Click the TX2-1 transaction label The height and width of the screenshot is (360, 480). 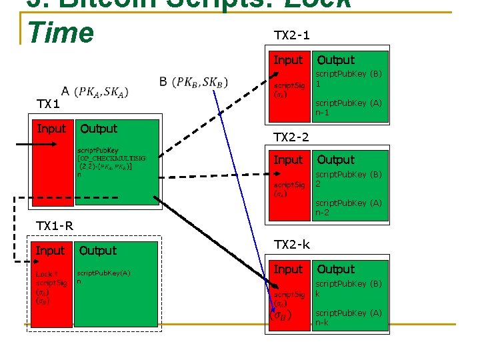[291, 35]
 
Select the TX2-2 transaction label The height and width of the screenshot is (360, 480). [291, 137]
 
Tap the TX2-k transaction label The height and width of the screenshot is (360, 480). [292, 245]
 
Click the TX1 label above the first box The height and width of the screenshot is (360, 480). [48, 104]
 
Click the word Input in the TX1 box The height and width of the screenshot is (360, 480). [51, 129]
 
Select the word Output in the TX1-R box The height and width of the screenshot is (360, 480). [98, 251]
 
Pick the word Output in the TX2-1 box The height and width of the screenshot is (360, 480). [335, 60]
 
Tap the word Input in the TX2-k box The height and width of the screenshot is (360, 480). [288, 269]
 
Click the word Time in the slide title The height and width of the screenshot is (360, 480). [61, 32]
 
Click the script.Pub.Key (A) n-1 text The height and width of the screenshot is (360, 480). [348, 107]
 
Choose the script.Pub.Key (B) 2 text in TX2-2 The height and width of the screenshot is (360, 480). [348, 178]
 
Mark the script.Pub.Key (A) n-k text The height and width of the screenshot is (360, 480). [348, 317]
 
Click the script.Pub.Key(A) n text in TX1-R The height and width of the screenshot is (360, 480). [104, 277]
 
